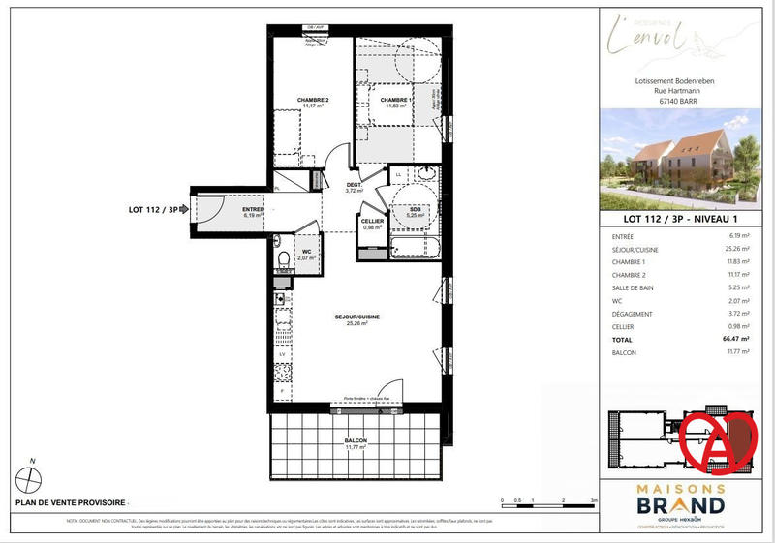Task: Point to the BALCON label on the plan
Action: click(x=356, y=441)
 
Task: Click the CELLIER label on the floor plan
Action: click(x=373, y=222)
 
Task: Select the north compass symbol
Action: click(x=33, y=477)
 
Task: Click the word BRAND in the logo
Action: click(x=678, y=504)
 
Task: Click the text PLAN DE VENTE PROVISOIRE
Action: click(x=70, y=502)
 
